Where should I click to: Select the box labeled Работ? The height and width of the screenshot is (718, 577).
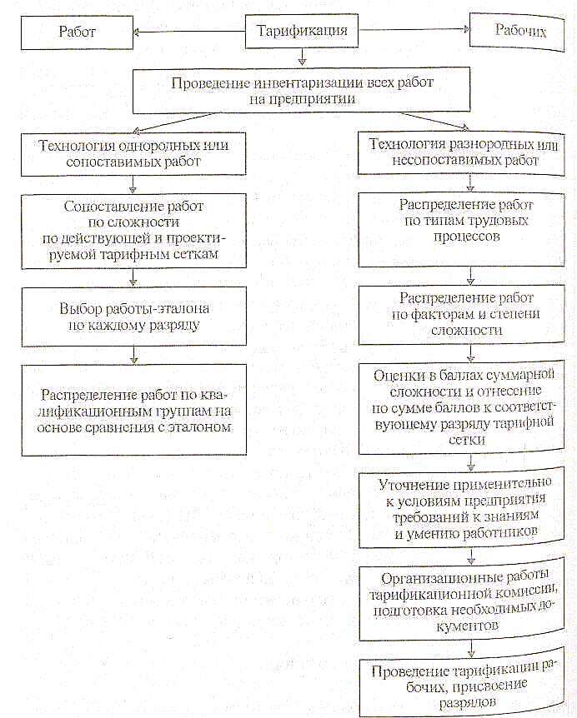click(78, 34)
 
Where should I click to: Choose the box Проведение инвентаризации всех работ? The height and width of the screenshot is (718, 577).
click(303, 91)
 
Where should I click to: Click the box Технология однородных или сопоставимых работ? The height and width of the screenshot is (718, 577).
click(134, 154)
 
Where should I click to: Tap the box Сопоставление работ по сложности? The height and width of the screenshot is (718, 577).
click(134, 230)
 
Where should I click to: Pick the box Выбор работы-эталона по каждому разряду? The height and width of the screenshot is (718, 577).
click(134, 316)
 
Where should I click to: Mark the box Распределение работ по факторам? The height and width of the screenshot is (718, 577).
click(467, 314)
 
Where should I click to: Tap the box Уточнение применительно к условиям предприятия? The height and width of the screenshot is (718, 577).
click(467, 507)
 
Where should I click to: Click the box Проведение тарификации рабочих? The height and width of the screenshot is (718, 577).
click(467, 685)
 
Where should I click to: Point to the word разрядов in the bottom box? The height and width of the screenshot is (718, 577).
click(467, 704)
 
